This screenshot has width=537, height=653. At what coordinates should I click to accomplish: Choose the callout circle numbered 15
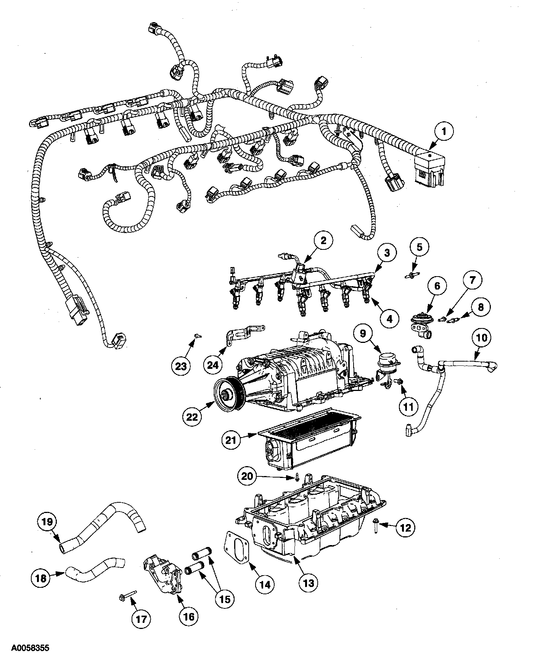(x=224, y=599)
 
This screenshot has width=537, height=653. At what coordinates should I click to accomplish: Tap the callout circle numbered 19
(x=47, y=521)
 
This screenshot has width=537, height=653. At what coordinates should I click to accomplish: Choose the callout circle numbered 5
(x=419, y=247)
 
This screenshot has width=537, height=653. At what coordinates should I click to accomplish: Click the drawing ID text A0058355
(x=25, y=648)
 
